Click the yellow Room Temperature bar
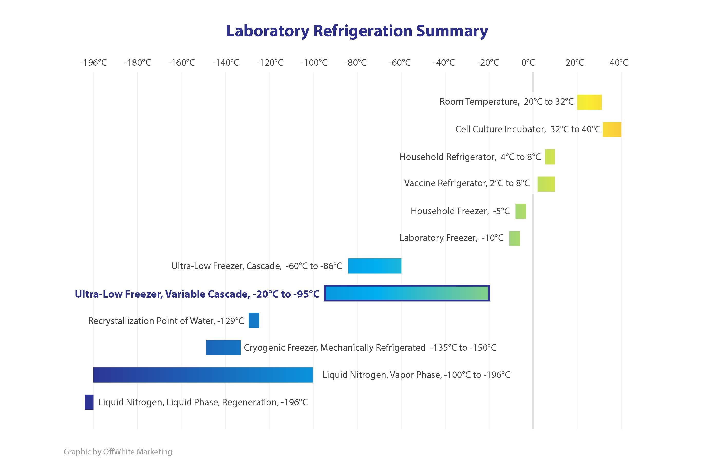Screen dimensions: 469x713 [x=589, y=102]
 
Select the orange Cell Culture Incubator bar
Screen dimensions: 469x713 [x=612, y=130]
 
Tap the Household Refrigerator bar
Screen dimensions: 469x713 [x=549, y=157]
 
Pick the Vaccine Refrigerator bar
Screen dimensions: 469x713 [x=546, y=184]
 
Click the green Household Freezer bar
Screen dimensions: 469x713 [x=520, y=211]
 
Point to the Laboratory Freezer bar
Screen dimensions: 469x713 [x=514, y=239]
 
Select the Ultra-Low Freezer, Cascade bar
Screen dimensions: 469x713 [x=374, y=266]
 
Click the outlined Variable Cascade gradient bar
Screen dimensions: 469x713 [x=407, y=293]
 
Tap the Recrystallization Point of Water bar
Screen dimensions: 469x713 [x=254, y=320]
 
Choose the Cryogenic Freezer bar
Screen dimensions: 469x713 [x=223, y=347]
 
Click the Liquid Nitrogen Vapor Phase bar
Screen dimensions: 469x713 [x=203, y=375]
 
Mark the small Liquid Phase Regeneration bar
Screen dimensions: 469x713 [x=89, y=402]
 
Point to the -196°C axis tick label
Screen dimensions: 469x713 [x=93, y=63]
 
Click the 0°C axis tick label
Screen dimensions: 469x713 [x=528, y=63]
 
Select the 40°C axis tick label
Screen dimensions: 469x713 [x=619, y=63]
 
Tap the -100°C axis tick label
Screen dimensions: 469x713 [x=314, y=63]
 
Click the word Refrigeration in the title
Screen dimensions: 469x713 [x=362, y=31]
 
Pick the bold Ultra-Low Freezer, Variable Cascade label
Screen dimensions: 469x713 [x=197, y=294]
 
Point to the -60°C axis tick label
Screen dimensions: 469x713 [x=399, y=63]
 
